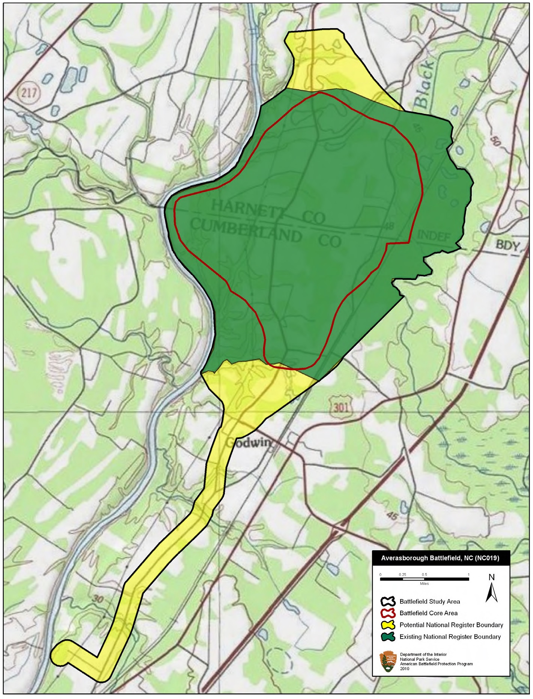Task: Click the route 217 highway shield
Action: pyautogui.click(x=29, y=92)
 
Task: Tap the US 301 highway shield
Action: pyautogui.click(x=340, y=407)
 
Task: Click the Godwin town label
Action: pyautogui.click(x=248, y=443)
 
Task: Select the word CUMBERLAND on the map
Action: pyautogui.click(x=246, y=230)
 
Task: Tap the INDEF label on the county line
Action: pyautogui.click(x=434, y=236)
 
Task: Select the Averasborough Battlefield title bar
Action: pyautogui.click(x=440, y=558)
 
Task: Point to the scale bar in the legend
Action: pyautogui.click(x=424, y=579)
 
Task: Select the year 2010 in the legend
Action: pyautogui.click(x=405, y=669)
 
